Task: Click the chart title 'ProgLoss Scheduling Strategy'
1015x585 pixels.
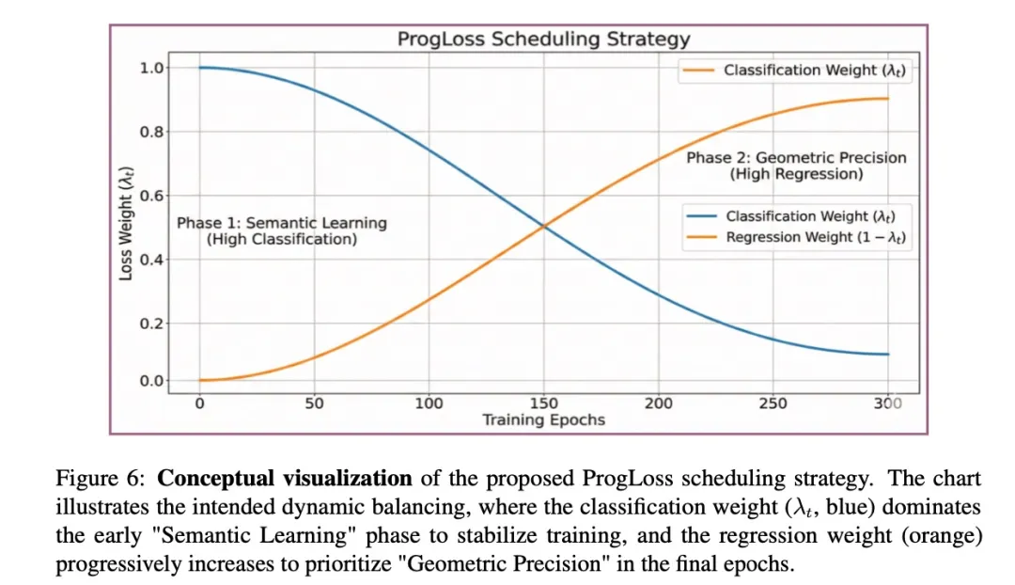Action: tap(543, 40)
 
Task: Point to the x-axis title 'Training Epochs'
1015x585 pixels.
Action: tap(543, 419)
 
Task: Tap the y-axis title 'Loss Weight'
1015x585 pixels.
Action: tap(125, 223)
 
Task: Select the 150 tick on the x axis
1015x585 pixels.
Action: tap(543, 403)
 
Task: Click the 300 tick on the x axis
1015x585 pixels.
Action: tap(887, 403)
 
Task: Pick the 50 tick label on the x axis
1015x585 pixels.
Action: tap(314, 403)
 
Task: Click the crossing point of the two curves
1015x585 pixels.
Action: tap(543, 226)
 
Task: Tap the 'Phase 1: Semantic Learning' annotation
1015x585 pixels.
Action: tap(282, 224)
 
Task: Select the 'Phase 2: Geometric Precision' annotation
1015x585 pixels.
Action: tap(796, 158)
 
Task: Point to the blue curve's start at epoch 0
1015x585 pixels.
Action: tap(200, 68)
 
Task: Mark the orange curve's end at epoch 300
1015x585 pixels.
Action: tap(886, 99)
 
